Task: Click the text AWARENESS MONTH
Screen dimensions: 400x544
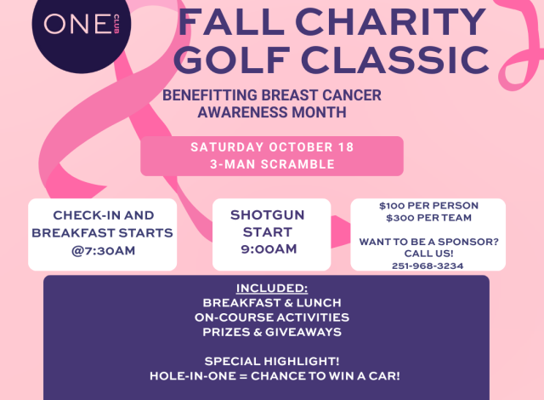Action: (273, 111)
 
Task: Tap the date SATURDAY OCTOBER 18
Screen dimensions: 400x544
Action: (272, 147)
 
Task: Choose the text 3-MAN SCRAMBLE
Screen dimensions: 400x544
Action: (272, 164)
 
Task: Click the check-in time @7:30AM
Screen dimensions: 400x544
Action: (102, 251)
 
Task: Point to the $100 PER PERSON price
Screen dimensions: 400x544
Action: (428, 206)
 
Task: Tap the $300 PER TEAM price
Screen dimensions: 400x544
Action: (428, 218)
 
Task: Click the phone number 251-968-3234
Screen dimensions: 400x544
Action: (428, 266)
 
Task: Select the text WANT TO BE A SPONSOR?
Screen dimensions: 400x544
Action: (428, 243)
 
